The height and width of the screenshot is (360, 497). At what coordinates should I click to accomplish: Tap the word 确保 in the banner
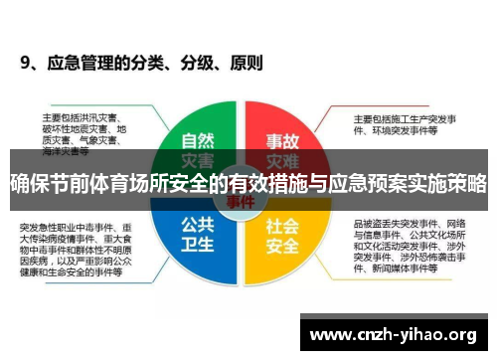coord(27,183)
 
